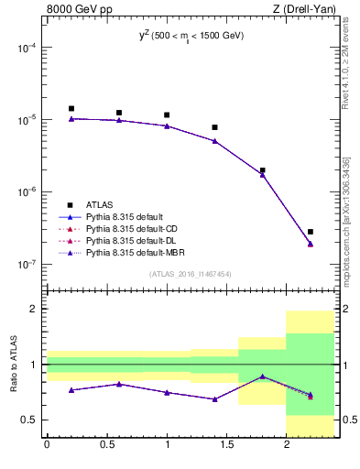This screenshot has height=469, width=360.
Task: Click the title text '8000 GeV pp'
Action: click(73, 10)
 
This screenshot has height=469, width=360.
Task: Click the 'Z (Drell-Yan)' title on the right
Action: click(309, 10)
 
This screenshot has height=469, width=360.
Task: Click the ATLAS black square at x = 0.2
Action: click(71, 108)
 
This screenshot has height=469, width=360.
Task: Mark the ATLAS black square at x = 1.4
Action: click(214, 127)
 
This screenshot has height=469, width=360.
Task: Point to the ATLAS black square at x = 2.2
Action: click(311, 232)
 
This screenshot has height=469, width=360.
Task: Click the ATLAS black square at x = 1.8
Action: click(263, 170)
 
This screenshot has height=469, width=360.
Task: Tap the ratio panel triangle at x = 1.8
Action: click(263, 376)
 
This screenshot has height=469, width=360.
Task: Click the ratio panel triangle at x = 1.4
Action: click(214, 399)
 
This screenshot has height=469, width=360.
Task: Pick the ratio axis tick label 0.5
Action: click(29, 420)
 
